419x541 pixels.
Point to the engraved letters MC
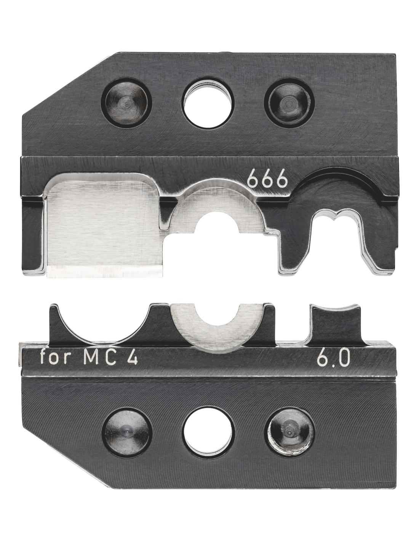101,358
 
